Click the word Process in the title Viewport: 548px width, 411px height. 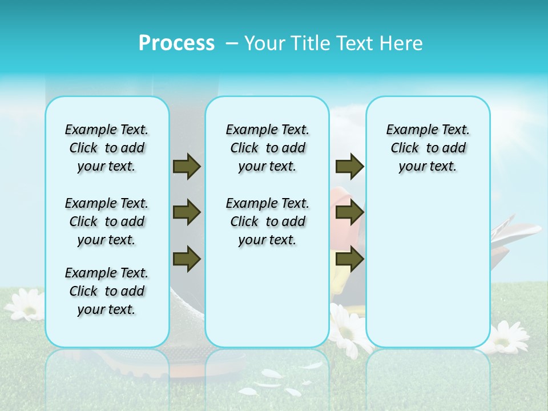(x=176, y=43)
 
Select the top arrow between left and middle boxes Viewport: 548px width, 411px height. (x=187, y=167)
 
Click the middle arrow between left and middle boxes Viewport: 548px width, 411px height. (x=187, y=213)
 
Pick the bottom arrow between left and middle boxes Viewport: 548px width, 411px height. (x=187, y=259)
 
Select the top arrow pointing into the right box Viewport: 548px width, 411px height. (x=349, y=167)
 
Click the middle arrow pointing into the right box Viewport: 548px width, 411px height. (x=349, y=213)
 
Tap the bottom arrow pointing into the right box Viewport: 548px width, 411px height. (x=349, y=259)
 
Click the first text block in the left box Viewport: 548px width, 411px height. (x=107, y=148)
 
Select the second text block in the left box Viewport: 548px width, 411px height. (x=107, y=221)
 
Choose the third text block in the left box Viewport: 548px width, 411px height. (x=107, y=291)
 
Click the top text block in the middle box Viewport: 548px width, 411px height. (x=267, y=148)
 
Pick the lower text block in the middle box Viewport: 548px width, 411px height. (x=267, y=221)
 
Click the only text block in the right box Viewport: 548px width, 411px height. (x=428, y=148)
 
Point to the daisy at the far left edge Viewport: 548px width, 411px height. (x=25, y=303)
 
